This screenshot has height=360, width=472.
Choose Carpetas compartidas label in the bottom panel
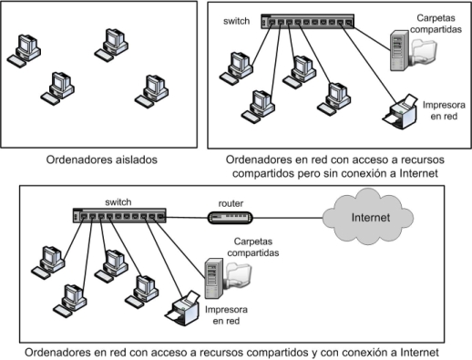coord(247,247)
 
